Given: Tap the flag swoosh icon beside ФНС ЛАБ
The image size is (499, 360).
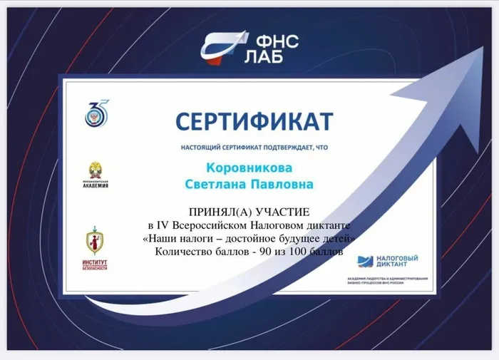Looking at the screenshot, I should click(x=222, y=46).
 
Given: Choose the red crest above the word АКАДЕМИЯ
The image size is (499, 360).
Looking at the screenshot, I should click(x=96, y=171).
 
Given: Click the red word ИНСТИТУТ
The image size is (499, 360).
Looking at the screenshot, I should click(x=95, y=262).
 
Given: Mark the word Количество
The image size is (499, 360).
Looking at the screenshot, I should click(x=181, y=251).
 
